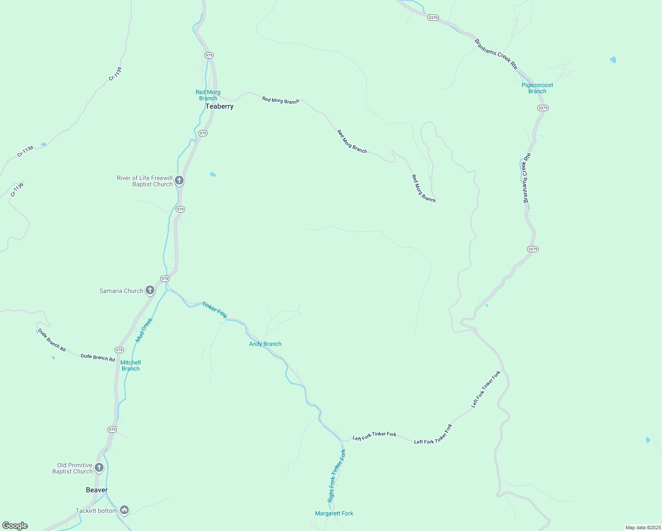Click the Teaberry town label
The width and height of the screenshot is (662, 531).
pyautogui.click(x=219, y=107)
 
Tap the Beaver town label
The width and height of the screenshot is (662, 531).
pyautogui.click(x=96, y=490)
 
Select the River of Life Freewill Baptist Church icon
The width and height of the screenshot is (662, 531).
pyautogui.click(x=179, y=180)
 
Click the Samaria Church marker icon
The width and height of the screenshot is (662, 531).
pyautogui.click(x=150, y=290)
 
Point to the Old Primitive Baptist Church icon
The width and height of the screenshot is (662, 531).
pyautogui.click(x=99, y=467)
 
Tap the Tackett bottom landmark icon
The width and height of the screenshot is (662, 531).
pyautogui.click(x=124, y=510)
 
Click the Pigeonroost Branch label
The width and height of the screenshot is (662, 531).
pyautogui.click(x=537, y=88)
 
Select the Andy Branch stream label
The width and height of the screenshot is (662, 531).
pyautogui.click(x=265, y=344)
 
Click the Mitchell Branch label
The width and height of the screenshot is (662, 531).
pyautogui.click(x=131, y=366)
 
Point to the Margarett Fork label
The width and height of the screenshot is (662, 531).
pyautogui.click(x=334, y=513)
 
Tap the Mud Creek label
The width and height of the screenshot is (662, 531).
pyautogui.click(x=144, y=330)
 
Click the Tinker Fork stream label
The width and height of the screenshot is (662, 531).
pyautogui.click(x=215, y=310)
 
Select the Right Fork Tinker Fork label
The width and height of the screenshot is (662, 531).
pyautogui.click(x=337, y=475)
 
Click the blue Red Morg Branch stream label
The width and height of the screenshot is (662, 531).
pyautogui.click(x=208, y=95)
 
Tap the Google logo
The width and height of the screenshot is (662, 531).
pyautogui.click(x=15, y=526)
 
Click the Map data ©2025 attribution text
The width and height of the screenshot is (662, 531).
pyautogui.click(x=643, y=527)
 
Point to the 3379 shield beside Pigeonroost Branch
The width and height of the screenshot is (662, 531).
pyautogui.click(x=543, y=108)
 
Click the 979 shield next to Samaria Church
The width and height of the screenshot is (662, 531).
pyautogui.click(x=165, y=279)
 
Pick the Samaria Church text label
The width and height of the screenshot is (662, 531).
pyautogui.click(x=121, y=291)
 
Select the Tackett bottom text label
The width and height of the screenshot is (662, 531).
pyautogui.click(x=96, y=511)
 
